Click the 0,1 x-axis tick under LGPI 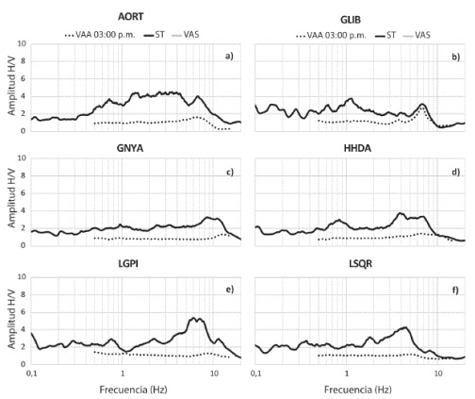point(32,376)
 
